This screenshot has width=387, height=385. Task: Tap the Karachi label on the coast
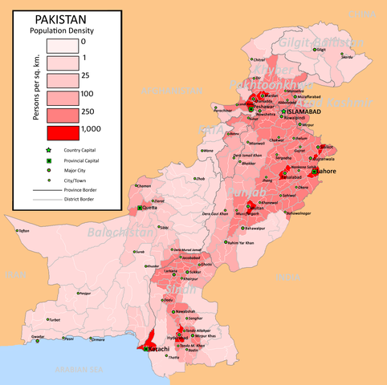click(x=156, y=350)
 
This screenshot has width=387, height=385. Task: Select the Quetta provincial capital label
click(x=149, y=208)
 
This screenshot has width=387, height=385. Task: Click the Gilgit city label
click(x=322, y=49)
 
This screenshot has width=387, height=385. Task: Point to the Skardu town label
click(x=348, y=57)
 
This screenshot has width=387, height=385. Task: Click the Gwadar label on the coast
click(x=38, y=337)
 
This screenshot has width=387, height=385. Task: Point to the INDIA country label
click(x=286, y=276)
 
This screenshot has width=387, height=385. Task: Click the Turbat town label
click(x=55, y=320)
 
